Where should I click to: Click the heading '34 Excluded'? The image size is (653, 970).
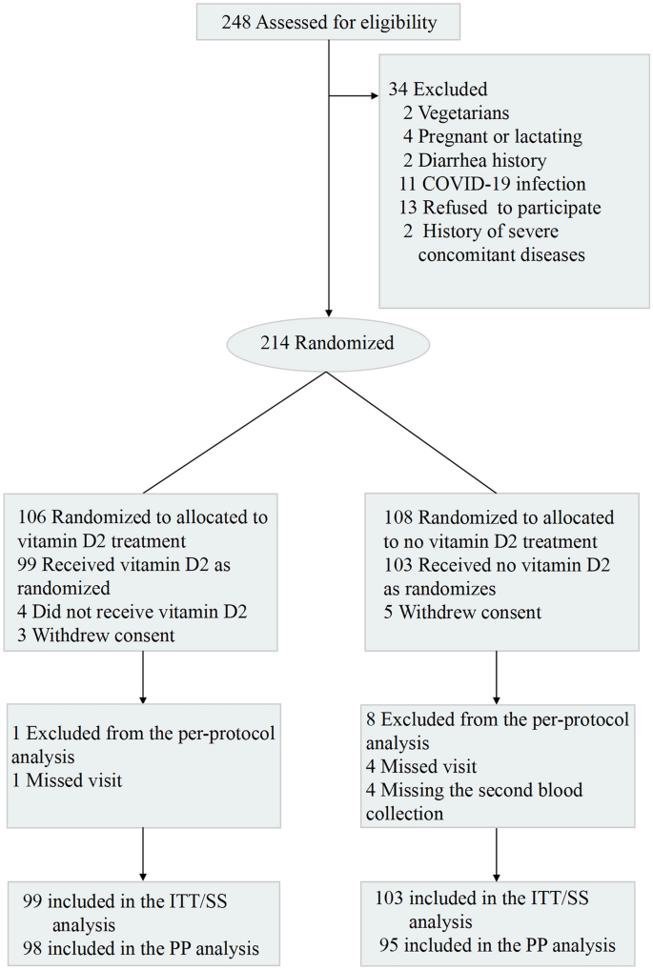tap(438, 90)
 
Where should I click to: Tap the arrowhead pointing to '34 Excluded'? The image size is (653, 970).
tap(374, 95)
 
